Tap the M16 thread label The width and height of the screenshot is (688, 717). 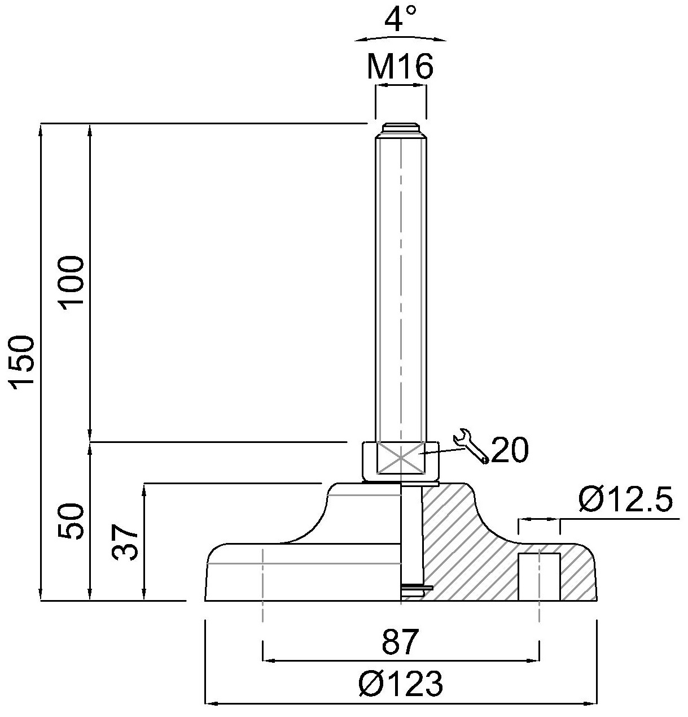coord(401,67)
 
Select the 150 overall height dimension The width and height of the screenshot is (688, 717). coord(22,363)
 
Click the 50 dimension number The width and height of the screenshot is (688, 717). coord(71,522)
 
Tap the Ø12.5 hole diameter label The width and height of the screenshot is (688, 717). coord(625,499)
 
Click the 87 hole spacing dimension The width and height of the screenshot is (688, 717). coord(401,641)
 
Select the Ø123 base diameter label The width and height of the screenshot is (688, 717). coord(401,683)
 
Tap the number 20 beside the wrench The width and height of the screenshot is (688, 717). coord(510,450)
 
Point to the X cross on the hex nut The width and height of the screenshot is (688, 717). coord(401,458)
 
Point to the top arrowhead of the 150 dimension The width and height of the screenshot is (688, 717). coord(41,129)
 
